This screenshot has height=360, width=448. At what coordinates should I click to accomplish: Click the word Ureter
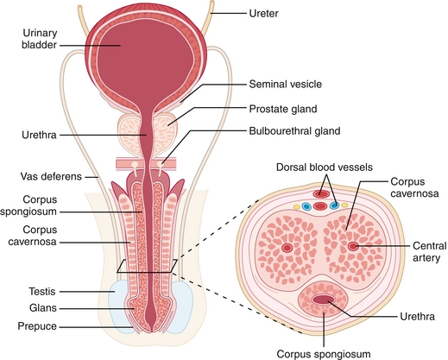tap(263, 13)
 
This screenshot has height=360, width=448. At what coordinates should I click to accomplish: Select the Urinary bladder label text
tap(40, 39)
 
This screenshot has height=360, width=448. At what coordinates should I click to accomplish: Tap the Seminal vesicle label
tap(285, 84)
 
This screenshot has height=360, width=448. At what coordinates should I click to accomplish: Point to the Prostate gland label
tap(283, 109)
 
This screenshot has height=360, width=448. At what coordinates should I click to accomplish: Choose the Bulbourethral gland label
tap(294, 131)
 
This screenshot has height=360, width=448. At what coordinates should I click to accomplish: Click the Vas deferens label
tap(51, 176)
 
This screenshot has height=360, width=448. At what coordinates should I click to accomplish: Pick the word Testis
tap(42, 291)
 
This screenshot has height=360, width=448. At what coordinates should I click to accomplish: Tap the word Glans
tap(43, 308)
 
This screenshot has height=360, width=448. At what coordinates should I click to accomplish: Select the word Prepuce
tap(37, 326)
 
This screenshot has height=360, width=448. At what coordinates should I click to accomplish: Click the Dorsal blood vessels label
tap(325, 167)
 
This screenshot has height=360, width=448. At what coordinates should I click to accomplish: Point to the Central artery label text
tap(429, 252)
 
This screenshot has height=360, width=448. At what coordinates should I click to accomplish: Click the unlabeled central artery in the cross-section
tap(287, 247)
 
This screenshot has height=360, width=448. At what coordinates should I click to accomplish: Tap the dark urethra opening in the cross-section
tap(324, 300)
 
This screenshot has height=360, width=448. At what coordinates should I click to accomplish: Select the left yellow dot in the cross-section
tap(296, 206)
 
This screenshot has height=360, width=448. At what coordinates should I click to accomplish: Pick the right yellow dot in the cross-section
tap(344, 205)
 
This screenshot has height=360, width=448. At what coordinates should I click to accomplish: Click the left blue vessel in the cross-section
tap(306, 206)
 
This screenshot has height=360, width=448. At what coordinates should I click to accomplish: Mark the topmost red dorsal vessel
tap(321, 194)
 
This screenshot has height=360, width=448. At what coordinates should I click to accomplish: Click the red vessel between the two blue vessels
tap(320, 206)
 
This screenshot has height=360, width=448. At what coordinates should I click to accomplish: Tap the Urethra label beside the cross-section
tap(417, 317)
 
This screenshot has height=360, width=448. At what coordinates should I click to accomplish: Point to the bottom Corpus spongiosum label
tap(324, 354)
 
